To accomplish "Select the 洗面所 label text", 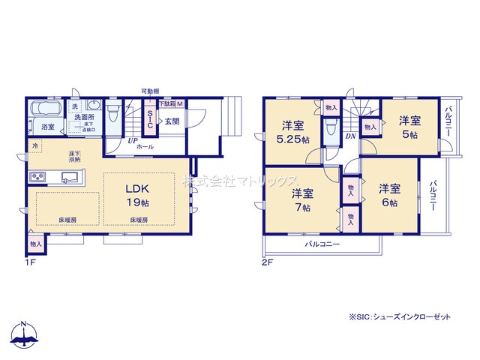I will [x=83, y=118].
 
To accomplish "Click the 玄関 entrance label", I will [x=171, y=121].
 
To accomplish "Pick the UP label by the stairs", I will [x=132, y=140].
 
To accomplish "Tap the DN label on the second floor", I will [x=350, y=137].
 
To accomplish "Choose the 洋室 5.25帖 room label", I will [x=292, y=131].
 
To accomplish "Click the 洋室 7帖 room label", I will [x=302, y=200].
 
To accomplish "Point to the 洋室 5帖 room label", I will [x=409, y=126].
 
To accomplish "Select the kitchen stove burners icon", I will [x=37, y=177].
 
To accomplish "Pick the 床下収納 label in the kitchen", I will [x=75, y=156].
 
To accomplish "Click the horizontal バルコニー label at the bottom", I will [x=322, y=245].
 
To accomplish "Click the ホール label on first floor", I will [x=145, y=148].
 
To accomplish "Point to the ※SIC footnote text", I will [x=400, y=316].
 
